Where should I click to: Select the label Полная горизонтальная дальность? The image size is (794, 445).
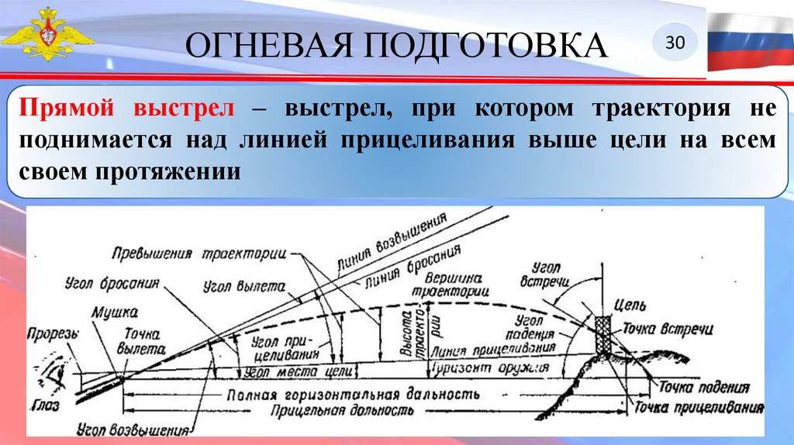(x=349, y=393)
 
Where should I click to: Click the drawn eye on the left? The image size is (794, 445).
(x=57, y=374)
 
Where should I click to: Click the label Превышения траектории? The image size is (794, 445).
(x=198, y=255)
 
